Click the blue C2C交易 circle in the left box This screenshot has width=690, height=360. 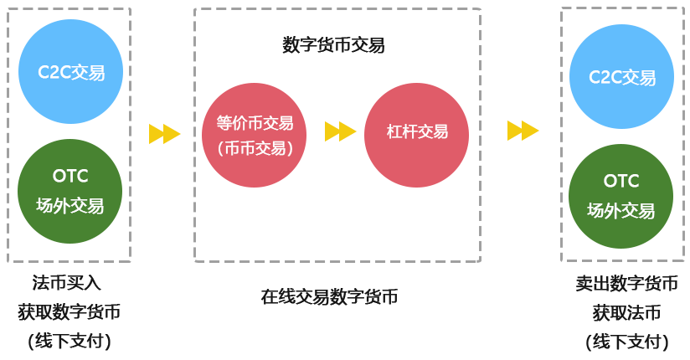pos(70,72)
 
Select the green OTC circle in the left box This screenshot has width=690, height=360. pos(70,191)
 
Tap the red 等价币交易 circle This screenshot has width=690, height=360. pos(255,135)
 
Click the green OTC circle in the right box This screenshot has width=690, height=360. pos(620,196)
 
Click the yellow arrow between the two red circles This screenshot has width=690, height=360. pos(340,131)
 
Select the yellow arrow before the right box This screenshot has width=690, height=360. pos(523,131)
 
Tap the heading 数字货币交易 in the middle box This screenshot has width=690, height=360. pos(333,45)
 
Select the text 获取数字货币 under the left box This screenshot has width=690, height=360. pos(69,313)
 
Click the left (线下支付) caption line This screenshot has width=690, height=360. pos(69,342)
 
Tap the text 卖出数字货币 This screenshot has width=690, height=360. pos(626,283)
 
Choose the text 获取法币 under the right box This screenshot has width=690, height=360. pos(626,313)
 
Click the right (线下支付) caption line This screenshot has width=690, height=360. pos(626,342)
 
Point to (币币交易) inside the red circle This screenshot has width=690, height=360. pos(255,148)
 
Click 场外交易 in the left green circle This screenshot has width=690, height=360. pos(70,206)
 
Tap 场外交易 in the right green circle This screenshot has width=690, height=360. pos(620,211)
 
